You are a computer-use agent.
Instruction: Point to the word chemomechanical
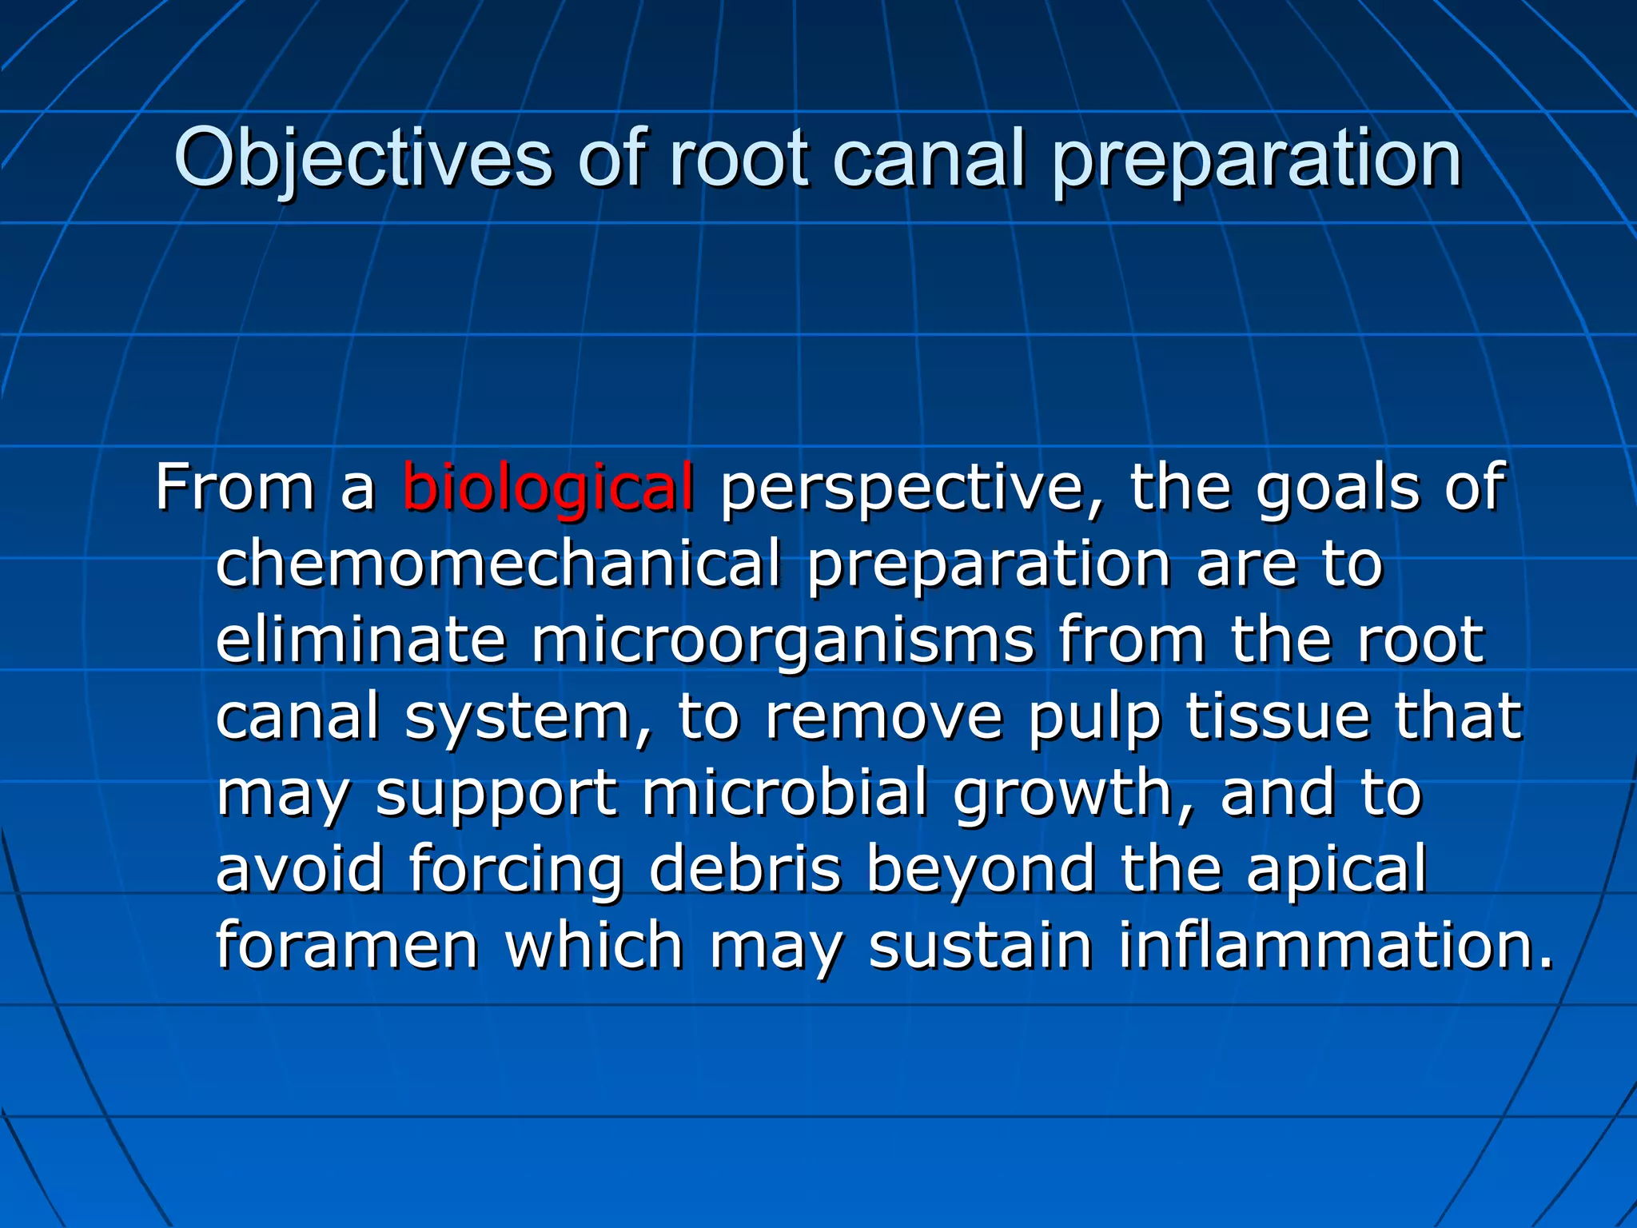point(498,563)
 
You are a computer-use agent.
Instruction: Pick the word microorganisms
point(783,641)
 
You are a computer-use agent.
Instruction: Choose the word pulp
point(1093,717)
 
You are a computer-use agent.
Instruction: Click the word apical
point(1336,871)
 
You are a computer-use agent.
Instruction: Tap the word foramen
point(347,945)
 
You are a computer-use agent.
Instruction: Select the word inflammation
point(1336,945)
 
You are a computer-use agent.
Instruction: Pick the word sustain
point(981,945)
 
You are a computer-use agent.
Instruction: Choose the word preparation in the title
point(1257,158)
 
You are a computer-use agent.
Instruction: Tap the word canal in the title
point(929,158)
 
